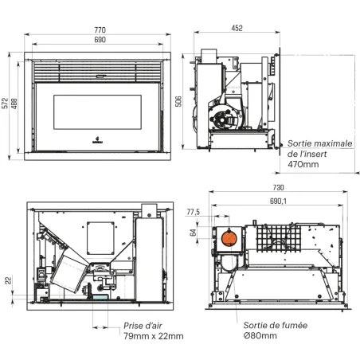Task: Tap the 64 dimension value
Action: point(192,233)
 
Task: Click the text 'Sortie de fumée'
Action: point(275,325)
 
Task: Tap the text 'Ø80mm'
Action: point(260,336)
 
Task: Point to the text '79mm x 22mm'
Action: point(153,336)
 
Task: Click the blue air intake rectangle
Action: point(100,295)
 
